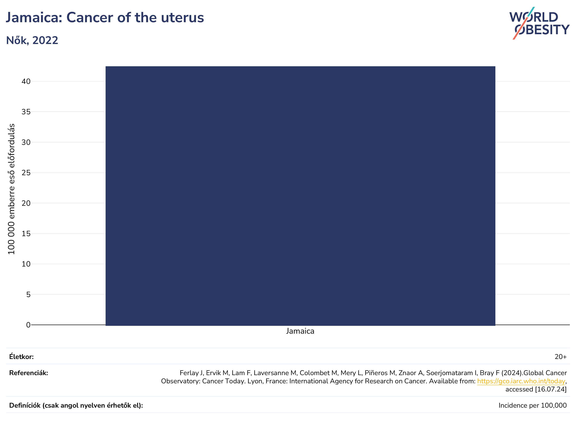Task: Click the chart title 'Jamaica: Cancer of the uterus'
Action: (105, 18)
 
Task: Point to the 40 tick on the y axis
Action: (26, 81)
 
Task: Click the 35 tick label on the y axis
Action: (26, 112)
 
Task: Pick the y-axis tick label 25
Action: (26, 173)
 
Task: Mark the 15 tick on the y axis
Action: (26, 234)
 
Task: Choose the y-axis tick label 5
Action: (28, 295)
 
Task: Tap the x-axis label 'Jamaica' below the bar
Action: (300, 331)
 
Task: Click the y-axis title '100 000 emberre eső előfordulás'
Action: (11, 189)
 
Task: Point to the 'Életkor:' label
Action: (21, 357)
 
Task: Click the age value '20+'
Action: (561, 357)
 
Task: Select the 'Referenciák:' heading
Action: (29, 373)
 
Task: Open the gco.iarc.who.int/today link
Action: (521, 381)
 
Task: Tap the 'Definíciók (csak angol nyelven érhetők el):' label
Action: (76, 406)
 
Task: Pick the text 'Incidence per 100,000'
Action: (533, 406)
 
